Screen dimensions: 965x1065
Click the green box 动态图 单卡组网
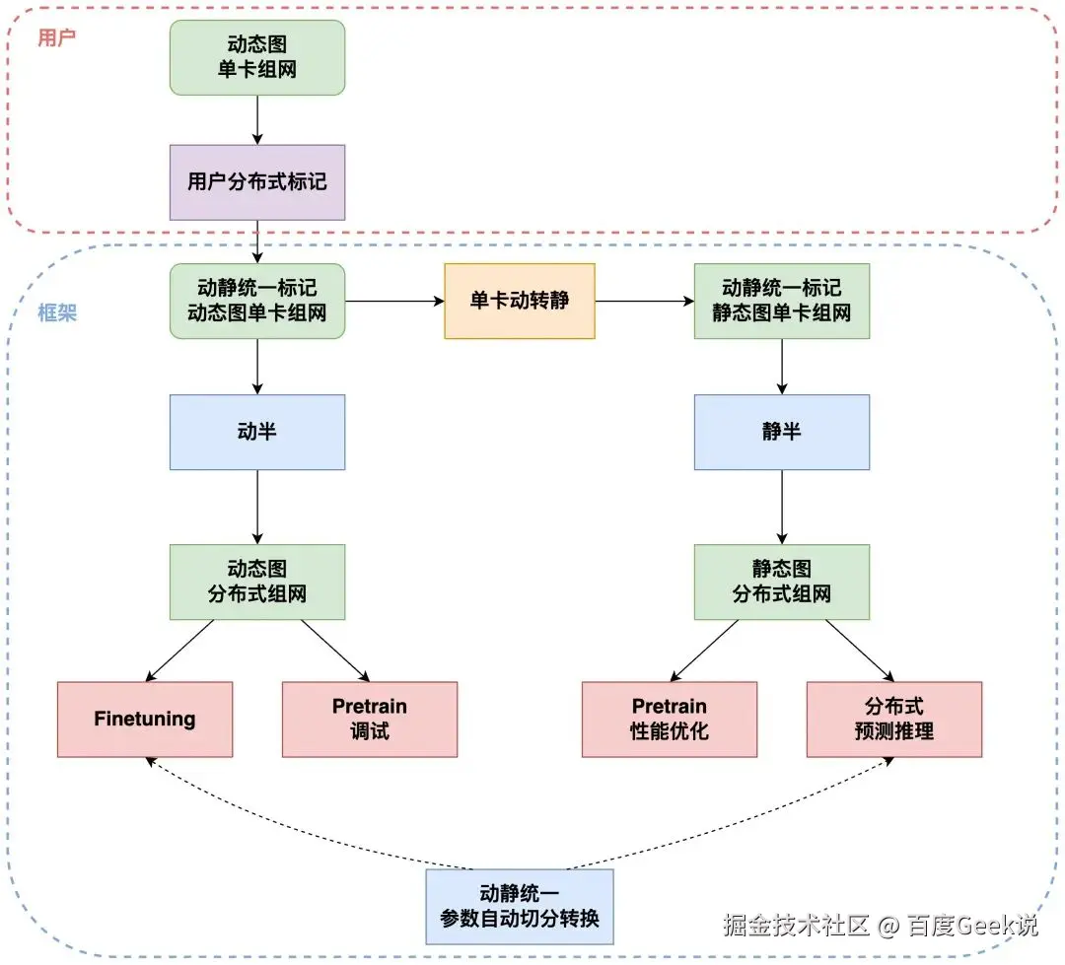point(257,58)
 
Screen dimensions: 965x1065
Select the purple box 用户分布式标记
point(257,182)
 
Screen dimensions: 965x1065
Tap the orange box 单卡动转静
point(520,301)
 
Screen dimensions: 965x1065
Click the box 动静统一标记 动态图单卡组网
point(257,301)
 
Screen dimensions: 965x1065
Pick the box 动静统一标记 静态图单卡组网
point(782,301)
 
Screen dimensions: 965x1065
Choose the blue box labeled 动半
point(257,432)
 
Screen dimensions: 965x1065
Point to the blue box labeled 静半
point(782,432)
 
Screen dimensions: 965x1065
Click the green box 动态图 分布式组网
point(257,582)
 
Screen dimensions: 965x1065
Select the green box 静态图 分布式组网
point(782,582)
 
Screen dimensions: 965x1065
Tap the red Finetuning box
point(145,719)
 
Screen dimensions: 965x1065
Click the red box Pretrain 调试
point(370,719)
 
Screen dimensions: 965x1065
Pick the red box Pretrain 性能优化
point(670,719)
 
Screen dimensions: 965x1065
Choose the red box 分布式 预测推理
point(894,719)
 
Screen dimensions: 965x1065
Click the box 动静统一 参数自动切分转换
point(520,907)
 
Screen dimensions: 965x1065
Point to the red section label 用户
point(56,38)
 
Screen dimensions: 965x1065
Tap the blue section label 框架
point(57,313)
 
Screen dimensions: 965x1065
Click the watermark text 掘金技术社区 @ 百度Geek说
point(880,925)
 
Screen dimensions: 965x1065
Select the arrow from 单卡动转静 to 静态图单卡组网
point(645,301)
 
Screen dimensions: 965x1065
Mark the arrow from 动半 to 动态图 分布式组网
point(257,507)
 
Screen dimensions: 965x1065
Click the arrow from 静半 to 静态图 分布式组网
point(782,507)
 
